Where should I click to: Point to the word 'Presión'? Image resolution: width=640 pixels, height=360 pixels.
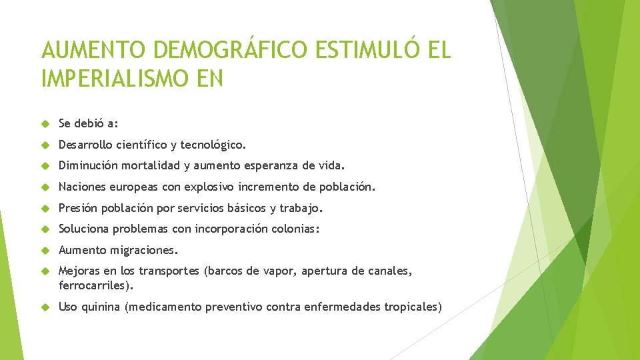tap(78, 209)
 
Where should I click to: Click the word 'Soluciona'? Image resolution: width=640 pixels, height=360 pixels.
tap(83, 229)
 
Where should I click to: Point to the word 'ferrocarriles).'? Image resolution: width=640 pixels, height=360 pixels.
tap(97, 285)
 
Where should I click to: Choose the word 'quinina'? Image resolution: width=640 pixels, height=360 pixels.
tap(100, 307)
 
